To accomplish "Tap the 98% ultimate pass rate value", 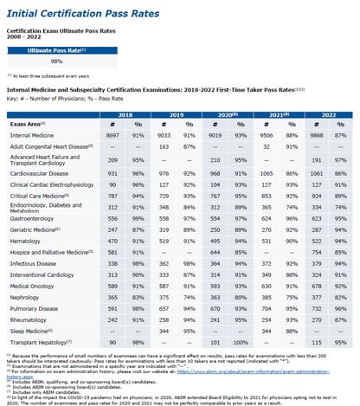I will [x=56, y=61].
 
